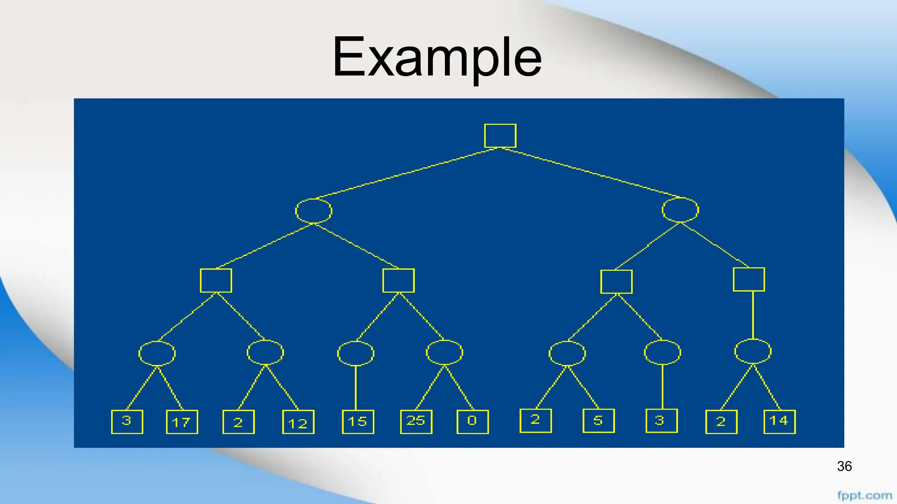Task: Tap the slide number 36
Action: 844,466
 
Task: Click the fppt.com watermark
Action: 864,496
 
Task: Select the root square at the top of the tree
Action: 500,136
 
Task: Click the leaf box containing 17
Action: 182,422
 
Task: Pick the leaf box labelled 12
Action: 298,422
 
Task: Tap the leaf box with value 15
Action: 358,422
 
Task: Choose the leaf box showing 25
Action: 416,421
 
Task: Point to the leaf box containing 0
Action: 472,421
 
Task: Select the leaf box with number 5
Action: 598,420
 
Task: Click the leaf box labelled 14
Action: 779,421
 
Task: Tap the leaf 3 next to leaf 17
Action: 127,421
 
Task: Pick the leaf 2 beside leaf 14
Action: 721,422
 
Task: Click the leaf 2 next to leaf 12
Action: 238,422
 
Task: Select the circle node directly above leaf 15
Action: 356,353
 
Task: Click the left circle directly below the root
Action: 314,211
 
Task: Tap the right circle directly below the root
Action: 680,210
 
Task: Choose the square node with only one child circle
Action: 749,280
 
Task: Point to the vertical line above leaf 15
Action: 356,388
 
